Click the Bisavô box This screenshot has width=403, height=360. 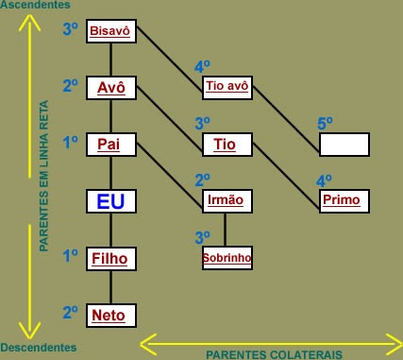111,31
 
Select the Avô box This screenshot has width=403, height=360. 111,88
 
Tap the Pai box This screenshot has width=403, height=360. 111,144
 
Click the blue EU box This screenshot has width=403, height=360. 111,201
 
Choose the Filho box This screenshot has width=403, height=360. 111,257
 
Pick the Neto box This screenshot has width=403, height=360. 111,315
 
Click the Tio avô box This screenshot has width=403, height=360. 227,88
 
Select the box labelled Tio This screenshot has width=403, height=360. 227,144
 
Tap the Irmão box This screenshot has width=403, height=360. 227,200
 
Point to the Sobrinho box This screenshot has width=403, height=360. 227,257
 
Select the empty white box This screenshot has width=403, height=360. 344,144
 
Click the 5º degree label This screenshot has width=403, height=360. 326,123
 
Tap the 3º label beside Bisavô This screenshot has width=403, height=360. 70,29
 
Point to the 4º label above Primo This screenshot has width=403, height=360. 324,180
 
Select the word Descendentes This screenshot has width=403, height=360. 39,348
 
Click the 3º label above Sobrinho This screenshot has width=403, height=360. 202,236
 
